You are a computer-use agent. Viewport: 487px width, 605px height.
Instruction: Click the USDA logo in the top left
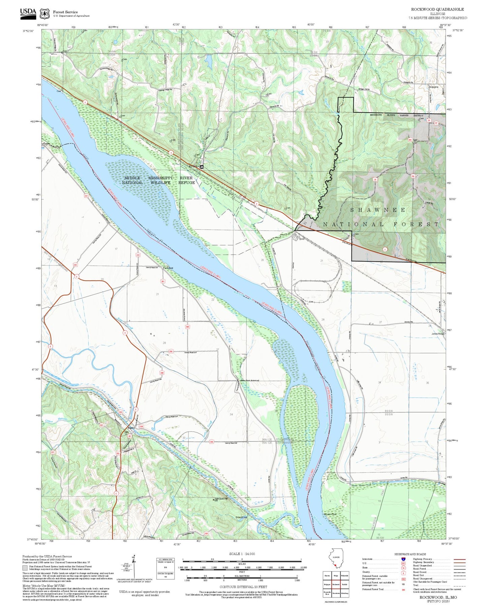point(28,12)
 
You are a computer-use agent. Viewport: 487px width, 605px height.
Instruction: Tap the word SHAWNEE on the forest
point(378,210)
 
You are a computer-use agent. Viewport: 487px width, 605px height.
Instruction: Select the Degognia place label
point(433,87)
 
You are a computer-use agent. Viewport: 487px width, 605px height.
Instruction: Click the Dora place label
point(302,239)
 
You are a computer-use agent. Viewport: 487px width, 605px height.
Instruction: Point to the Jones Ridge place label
point(437,334)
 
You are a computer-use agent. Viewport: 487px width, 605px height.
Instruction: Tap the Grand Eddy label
point(241,517)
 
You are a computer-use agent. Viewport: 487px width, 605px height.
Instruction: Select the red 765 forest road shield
point(413,176)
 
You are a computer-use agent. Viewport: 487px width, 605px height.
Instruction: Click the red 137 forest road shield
point(436,123)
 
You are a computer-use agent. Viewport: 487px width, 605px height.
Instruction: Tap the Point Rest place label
point(168,268)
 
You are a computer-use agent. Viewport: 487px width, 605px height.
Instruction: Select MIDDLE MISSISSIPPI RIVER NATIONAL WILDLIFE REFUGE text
point(158,180)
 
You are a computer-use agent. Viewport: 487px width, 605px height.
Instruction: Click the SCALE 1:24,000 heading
point(242,554)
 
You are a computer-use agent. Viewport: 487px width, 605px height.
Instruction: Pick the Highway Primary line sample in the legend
point(459,559)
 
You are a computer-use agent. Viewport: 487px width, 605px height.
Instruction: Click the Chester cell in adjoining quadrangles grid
point(327,575)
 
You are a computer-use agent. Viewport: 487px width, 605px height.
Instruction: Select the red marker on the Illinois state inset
point(335,566)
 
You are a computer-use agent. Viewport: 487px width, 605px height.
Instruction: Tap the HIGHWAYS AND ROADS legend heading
point(410,554)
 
